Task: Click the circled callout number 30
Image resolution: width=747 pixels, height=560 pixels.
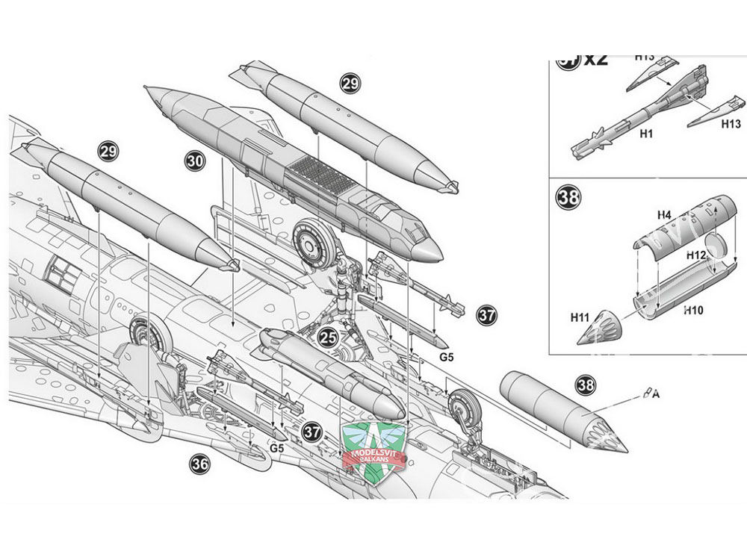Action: point(195,161)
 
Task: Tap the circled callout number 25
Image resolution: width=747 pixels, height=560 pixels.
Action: point(328,338)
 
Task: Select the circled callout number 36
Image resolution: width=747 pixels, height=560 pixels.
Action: point(199,464)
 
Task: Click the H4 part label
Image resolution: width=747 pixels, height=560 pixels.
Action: point(664,217)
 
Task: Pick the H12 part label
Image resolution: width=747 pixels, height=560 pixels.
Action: point(695,255)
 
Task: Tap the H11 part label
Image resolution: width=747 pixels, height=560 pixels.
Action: point(580,317)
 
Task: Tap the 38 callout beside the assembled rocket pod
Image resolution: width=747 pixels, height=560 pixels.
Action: point(586,385)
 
